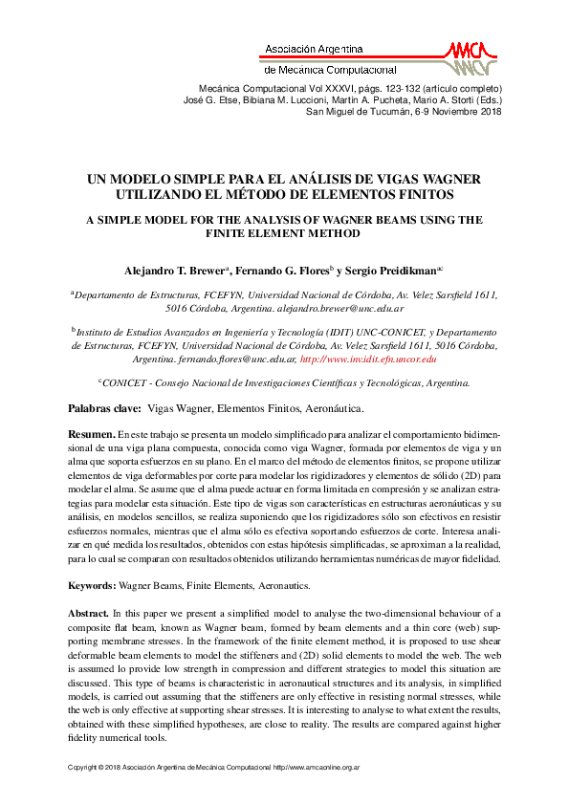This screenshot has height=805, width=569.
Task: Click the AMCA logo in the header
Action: [x=471, y=58]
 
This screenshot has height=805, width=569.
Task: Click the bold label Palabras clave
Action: [x=104, y=408]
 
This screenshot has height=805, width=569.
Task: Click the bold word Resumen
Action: [x=92, y=434]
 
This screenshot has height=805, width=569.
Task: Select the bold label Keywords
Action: [x=92, y=584]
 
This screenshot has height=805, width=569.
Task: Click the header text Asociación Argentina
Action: [x=313, y=49]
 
